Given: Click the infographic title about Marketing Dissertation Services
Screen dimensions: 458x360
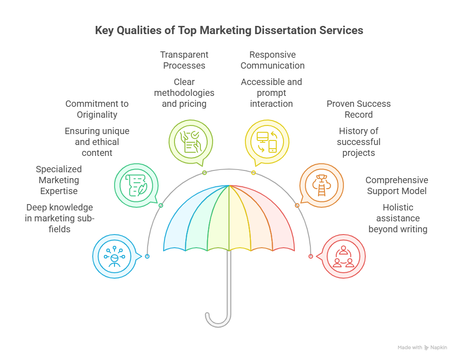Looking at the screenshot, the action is coord(229,30).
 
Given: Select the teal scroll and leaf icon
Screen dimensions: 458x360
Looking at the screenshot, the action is coord(136,185).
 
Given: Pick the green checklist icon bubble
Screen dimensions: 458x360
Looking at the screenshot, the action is coord(191,142).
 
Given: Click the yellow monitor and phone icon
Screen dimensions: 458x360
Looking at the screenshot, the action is coord(267,142).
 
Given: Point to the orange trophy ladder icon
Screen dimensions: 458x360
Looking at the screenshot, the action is coord(321,185).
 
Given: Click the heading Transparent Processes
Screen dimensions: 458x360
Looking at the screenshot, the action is coord(184,60).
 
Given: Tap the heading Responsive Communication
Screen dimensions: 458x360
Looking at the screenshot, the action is coord(273,60).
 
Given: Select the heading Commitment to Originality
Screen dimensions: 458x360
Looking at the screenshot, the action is coord(97,109).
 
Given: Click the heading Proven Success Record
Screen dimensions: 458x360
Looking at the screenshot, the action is coord(358,109).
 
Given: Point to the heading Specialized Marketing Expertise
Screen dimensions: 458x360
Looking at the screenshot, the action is coord(59,180).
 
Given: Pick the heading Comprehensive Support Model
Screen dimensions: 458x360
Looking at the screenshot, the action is coord(397,185).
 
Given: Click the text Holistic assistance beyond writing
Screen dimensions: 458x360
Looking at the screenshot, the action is coord(398,218).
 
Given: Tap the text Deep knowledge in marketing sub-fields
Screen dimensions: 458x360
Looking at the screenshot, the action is coord(60,218).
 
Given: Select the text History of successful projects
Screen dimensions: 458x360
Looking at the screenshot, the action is coord(358,142).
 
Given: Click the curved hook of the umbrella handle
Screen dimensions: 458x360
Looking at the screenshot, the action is coord(218,322).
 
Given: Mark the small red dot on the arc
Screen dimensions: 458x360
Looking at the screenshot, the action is coord(311,256).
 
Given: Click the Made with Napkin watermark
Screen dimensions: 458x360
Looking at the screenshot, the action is coord(422,347).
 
